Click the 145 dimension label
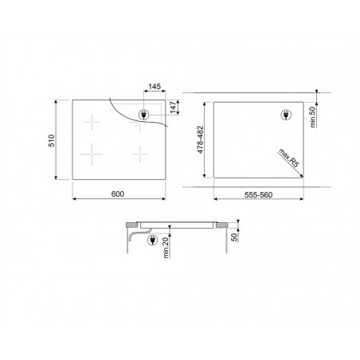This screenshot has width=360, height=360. point(155,87)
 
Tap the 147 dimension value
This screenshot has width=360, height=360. point(173,108)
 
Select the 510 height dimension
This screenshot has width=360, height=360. point(51,140)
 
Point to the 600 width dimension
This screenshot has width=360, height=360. point(118,194)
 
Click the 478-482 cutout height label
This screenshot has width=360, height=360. point(201,139)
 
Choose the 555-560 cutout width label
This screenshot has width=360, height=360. point(258,195)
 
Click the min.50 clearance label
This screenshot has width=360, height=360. point(313,117)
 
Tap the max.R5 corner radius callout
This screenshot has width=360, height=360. point(288,158)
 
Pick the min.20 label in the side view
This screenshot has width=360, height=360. point(166,248)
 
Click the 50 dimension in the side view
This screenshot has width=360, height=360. point(234,237)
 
